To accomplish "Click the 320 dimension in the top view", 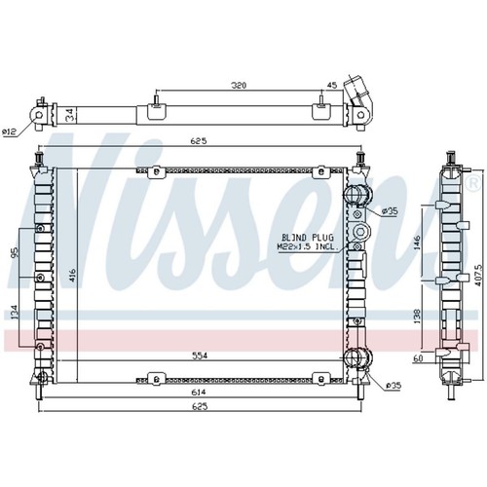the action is tap(239, 86).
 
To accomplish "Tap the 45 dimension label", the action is tap(332, 86).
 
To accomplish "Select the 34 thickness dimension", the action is tap(70, 115).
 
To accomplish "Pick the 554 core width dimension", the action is tap(199, 356).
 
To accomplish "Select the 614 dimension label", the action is tap(199, 393).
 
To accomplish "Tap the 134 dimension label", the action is tap(16, 312).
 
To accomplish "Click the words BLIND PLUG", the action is tap(307, 238).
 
